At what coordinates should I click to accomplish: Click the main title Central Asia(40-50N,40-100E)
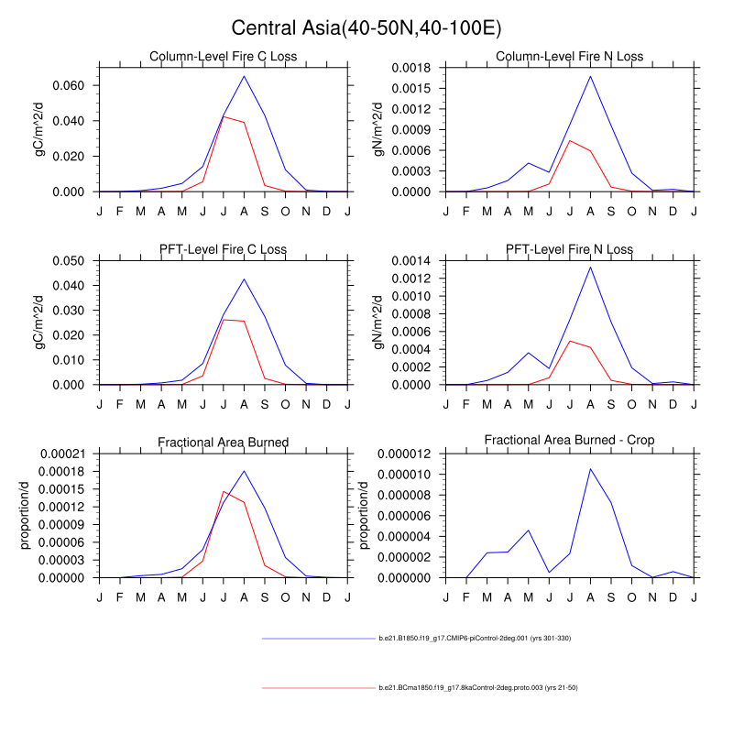coord(366,28)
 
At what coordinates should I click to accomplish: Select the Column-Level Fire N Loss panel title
coord(569,57)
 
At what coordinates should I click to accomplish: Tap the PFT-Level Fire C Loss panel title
coord(224,249)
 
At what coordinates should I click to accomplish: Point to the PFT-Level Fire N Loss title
coord(569,249)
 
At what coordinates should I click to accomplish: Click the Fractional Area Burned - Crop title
coord(569,442)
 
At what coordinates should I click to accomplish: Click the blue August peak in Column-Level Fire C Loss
coord(244,76)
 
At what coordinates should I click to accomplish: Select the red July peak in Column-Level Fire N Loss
coord(570,140)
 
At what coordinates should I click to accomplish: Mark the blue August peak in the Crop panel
coord(590,468)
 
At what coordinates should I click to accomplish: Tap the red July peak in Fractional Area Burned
coord(224,492)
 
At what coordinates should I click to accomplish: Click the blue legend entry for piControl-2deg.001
coord(476,638)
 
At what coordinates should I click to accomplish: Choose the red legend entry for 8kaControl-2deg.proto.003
coord(477,687)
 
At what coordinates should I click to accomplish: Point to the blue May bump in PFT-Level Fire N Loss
coord(528,353)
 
